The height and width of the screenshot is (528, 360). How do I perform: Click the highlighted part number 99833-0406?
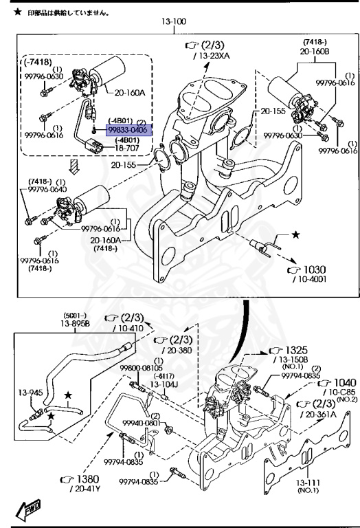click(129, 130)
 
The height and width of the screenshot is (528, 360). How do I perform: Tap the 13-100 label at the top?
click(174, 21)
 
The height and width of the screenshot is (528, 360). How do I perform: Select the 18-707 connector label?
click(127, 148)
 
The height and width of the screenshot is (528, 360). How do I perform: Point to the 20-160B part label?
click(315, 51)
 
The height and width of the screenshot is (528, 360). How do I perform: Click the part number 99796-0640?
click(47, 189)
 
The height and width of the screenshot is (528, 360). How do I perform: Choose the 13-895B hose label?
click(75, 324)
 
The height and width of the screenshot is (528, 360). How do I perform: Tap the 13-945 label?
click(30, 393)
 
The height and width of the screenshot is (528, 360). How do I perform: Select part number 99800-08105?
click(141, 368)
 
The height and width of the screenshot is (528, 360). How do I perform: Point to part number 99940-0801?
click(142, 423)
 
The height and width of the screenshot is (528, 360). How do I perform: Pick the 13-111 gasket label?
click(308, 483)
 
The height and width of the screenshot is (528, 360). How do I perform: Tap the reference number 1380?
click(88, 478)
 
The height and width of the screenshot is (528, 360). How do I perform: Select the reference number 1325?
click(296, 350)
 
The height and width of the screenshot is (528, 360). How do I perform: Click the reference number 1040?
click(344, 382)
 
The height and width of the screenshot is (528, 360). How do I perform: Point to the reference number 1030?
click(315, 269)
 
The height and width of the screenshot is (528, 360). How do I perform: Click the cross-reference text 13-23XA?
click(214, 56)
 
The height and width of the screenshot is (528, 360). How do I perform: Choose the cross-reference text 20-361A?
click(321, 414)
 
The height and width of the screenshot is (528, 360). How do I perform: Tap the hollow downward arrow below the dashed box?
click(74, 166)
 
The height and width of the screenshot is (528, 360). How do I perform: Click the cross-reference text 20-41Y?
click(87, 489)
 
